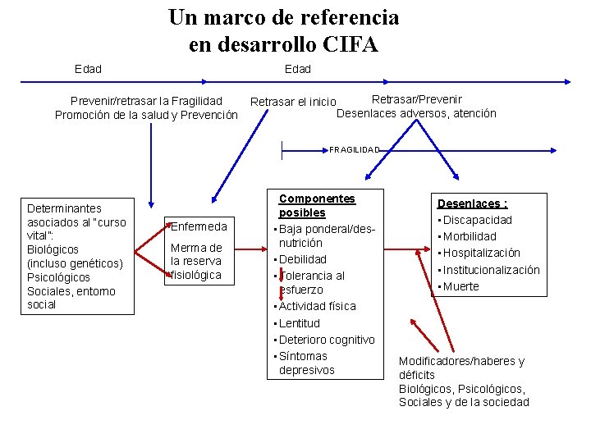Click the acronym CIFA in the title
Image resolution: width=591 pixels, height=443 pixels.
(350, 43)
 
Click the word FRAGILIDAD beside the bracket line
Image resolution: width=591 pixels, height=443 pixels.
(355, 150)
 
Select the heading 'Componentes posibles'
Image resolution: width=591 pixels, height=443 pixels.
(317, 206)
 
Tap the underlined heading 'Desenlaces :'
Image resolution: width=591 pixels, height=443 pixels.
(472, 203)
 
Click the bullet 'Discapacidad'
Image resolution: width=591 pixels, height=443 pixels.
(478, 220)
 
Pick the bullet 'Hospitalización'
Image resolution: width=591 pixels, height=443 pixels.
(482, 253)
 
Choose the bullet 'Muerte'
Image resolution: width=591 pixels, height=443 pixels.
(461, 286)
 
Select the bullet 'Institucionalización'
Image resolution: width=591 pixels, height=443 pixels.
(492, 270)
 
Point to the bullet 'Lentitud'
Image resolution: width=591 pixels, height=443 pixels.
(300, 323)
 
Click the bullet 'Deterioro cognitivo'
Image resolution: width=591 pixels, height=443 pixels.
(327, 340)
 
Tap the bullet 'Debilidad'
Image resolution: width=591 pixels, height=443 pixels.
(303, 259)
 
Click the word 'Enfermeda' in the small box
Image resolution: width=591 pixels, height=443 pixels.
(198, 226)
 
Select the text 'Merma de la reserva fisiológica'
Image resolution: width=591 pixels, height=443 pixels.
(196, 261)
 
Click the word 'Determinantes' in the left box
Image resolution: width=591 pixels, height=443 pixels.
(65, 208)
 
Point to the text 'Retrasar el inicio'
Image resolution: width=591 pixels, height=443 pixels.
(293, 102)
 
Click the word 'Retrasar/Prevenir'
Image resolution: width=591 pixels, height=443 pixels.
(417, 99)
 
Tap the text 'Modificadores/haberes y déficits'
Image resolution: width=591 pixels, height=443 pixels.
(461, 368)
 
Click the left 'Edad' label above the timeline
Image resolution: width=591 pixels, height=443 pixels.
(88, 69)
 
